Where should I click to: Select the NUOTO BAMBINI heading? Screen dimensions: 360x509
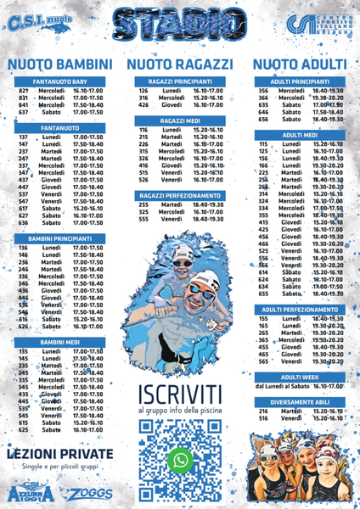[60, 64]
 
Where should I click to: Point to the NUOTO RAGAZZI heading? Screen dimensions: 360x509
[179, 64]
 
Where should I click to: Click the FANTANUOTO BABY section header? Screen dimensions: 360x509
[61, 81]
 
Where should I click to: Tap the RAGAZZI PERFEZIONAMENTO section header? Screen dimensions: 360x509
[179, 196]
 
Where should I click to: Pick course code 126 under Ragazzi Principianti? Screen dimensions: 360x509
[143, 90]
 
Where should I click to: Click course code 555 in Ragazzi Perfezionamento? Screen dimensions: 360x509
[143, 219]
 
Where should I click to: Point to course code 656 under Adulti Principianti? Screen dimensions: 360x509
[263, 120]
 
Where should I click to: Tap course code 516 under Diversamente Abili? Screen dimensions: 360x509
[263, 418]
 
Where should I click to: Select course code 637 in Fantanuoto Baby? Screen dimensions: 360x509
[24, 112]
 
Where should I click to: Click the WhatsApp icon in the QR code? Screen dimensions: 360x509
[180, 460]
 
